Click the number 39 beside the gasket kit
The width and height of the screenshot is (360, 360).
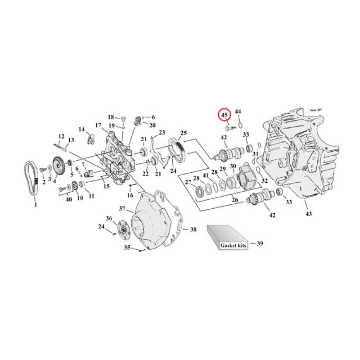[260, 243]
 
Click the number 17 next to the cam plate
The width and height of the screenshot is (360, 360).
[98, 126]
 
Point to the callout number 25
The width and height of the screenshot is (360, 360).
[183, 133]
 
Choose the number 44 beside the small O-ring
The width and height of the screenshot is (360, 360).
[238, 111]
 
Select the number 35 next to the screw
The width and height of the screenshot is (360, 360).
[127, 247]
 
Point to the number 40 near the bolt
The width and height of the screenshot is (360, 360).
[68, 199]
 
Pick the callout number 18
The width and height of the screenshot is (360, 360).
[111, 117]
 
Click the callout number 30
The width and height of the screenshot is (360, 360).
[233, 166]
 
